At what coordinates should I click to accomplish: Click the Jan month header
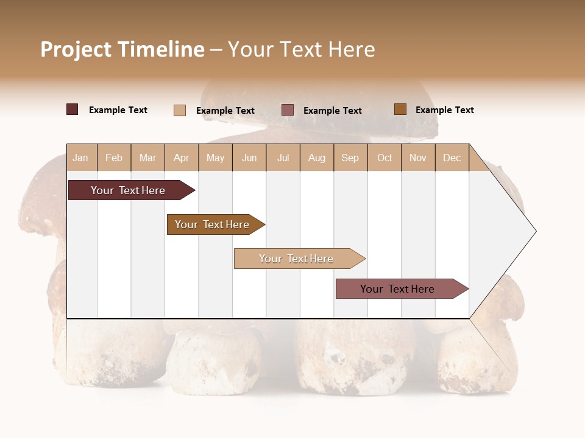click(80, 158)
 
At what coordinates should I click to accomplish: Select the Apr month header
click(182, 158)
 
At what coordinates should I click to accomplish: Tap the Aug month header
click(316, 158)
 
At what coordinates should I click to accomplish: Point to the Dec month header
click(452, 158)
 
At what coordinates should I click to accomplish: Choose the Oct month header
click(385, 158)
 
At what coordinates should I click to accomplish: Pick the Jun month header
click(249, 158)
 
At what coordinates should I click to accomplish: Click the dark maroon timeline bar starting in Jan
click(129, 190)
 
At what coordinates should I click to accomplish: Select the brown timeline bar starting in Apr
click(213, 224)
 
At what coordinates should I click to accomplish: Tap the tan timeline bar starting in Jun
click(296, 259)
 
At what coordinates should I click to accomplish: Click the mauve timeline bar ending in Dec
click(398, 289)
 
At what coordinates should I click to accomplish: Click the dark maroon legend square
click(73, 109)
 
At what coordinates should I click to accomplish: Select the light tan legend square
click(180, 110)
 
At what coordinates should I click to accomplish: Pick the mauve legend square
click(288, 110)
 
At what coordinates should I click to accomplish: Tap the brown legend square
click(400, 109)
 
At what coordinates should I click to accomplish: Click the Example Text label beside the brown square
click(444, 110)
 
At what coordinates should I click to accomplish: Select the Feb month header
click(114, 158)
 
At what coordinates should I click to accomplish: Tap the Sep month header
click(350, 158)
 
